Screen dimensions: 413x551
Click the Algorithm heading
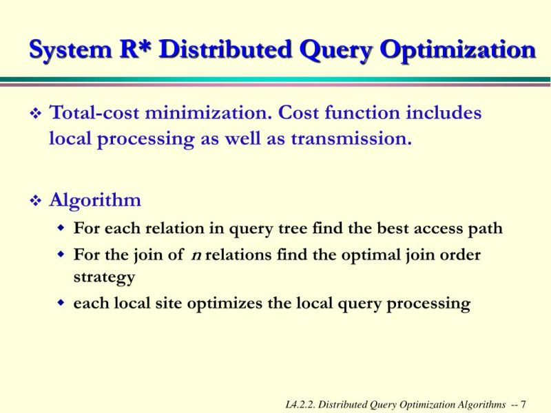(95, 200)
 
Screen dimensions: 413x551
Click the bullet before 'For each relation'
(61, 228)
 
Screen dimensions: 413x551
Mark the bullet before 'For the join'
(61, 255)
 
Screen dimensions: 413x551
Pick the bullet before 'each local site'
(61, 304)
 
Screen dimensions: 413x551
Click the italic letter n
(196, 255)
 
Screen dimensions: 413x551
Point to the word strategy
(104, 277)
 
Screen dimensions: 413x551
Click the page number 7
(523, 403)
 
